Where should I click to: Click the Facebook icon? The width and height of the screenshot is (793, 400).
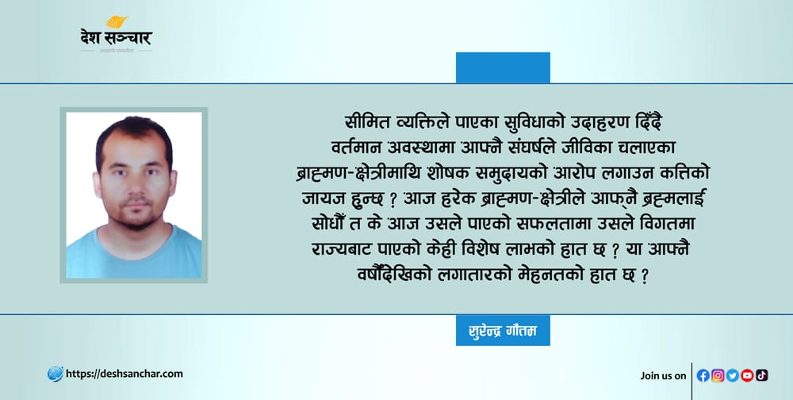click(x=703, y=375)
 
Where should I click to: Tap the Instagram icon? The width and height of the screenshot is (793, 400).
click(x=718, y=375)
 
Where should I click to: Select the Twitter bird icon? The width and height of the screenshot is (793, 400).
click(x=732, y=375)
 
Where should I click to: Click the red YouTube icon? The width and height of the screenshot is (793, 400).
click(x=747, y=375)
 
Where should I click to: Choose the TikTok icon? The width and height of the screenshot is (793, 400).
click(x=761, y=375)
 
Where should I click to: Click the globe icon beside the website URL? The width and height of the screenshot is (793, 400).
click(x=56, y=374)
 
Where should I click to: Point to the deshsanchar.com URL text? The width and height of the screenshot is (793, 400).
click(x=125, y=374)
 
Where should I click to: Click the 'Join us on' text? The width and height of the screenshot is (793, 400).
click(x=663, y=375)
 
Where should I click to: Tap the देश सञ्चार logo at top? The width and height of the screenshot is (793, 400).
click(x=117, y=33)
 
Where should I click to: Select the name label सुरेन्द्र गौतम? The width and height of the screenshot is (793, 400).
click(x=503, y=331)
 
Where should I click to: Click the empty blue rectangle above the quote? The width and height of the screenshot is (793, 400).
click(x=503, y=67)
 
